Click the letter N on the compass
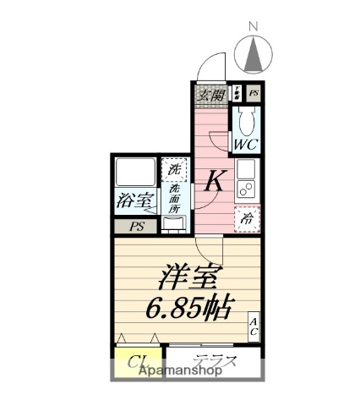253,27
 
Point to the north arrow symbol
253,56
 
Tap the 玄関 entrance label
212,94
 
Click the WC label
246,145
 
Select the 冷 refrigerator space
247,218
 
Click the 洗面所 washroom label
173,198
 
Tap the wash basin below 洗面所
174,223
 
